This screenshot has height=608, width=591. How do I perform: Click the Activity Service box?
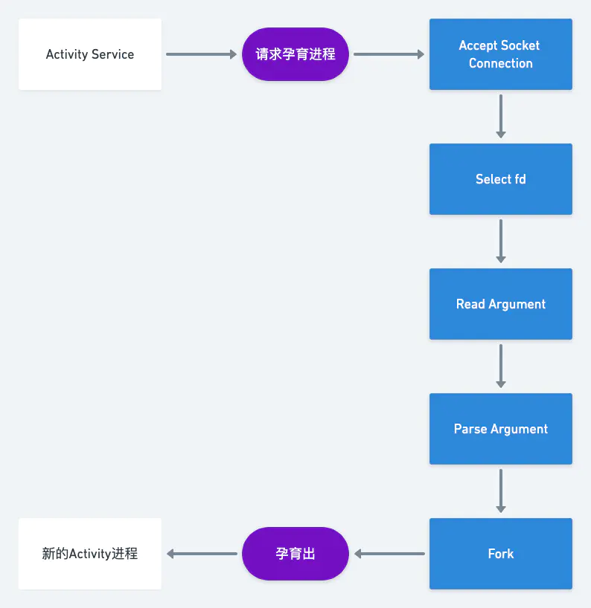pos(89,54)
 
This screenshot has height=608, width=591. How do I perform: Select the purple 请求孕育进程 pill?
pos(295,54)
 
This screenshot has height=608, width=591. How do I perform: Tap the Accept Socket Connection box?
pos(500,54)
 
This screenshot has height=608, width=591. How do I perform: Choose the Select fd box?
pos(500,179)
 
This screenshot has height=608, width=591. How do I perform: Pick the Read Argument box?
pos(500,304)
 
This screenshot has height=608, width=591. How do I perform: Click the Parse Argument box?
pos(500,429)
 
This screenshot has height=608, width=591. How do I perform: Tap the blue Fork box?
pos(500,554)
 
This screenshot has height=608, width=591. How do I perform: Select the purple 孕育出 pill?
pos(295,554)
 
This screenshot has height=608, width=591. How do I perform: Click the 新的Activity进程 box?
pos(89,554)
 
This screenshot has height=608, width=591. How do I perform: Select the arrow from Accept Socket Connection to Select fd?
pos(500,116)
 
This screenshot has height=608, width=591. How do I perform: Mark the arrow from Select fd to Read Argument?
pos(500,241)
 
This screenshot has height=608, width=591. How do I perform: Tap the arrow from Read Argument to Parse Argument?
pos(500,366)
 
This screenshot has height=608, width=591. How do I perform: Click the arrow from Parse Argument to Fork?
pos(500,491)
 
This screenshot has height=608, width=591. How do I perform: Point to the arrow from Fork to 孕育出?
pos(389,554)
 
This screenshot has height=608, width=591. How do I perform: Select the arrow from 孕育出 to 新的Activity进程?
pos(202,554)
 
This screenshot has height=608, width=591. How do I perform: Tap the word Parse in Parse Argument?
pos(470,429)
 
